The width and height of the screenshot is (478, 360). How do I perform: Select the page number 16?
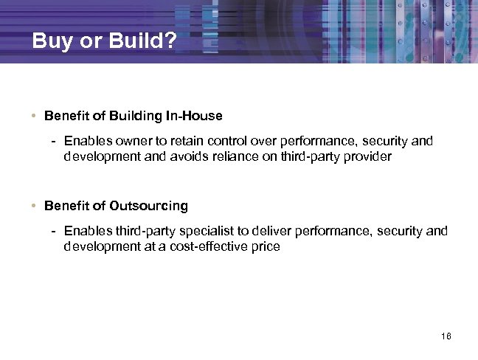[445, 337]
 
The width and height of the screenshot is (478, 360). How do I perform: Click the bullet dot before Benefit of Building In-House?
[35, 116]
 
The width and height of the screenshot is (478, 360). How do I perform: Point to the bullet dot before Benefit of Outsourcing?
[35, 205]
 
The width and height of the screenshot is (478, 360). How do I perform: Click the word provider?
[369, 156]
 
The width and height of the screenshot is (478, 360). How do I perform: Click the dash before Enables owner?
[54, 140]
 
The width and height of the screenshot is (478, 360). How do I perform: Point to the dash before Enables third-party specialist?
[54, 231]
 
